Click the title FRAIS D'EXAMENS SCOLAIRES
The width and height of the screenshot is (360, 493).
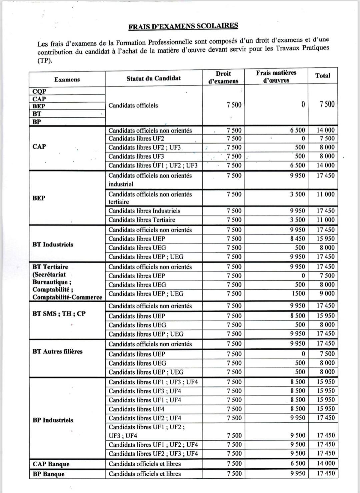pos(183,26)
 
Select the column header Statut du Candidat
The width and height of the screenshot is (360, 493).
pos(153,78)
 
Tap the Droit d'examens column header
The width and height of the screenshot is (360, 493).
pos(223,77)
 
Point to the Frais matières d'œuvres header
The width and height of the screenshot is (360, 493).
pos(276,76)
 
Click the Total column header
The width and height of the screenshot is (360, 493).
pos(323,76)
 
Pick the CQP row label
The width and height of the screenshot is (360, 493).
pos(39,91)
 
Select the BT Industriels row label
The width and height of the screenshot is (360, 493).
pos(53,244)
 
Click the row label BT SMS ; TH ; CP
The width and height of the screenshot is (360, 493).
pos(59,314)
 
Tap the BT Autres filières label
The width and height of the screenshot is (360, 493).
pos(57,352)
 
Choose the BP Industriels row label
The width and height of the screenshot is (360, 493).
pos(53,420)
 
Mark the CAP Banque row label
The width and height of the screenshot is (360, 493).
pos(51,464)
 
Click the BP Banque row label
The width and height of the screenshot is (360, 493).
pos(49,474)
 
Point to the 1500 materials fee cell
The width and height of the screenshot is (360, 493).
pos(298,294)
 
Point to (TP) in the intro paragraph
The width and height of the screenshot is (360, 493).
pos(45,61)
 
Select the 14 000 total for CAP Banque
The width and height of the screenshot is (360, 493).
pos(325,463)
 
